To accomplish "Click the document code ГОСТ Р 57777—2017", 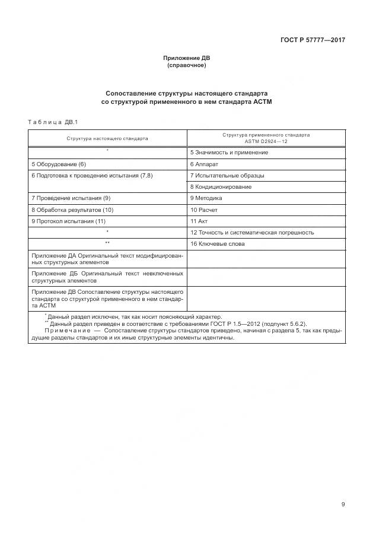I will coord(313,40).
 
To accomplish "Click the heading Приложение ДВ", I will coord(187,58).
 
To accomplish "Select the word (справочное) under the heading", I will coord(187,65).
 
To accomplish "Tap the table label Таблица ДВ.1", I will coord(53,122).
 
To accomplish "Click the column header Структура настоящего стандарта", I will coord(107,138).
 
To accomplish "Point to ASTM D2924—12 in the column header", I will coord(266,142).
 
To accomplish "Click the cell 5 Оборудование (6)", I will coord(59,164).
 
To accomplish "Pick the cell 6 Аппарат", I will coord(205,164).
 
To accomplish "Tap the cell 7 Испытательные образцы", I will coord(227,176).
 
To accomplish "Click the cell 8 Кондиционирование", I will coord(221,187).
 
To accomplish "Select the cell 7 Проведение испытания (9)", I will coord(71,198).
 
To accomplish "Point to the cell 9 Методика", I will coord(206,198).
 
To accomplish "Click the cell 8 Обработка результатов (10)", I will coord(72,210).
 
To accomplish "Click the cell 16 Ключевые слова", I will coord(218,244).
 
